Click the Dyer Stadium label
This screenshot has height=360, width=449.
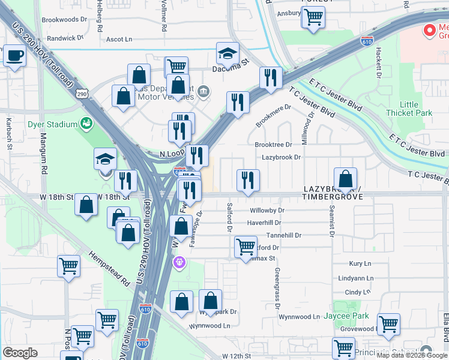click(x=53, y=124)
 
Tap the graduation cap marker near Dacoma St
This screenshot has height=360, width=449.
click(x=228, y=54)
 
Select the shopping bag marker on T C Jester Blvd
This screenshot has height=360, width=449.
click(x=346, y=179)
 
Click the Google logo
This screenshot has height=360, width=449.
click(x=20, y=353)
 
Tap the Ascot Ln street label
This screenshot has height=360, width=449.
click(x=119, y=39)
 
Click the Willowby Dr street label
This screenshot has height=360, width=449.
click(x=267, y=211)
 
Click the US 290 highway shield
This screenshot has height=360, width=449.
click(x=82, y=94)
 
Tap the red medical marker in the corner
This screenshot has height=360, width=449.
click(x=430, y=30)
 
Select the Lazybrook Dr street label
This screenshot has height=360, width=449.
click(x=281, y=157)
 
